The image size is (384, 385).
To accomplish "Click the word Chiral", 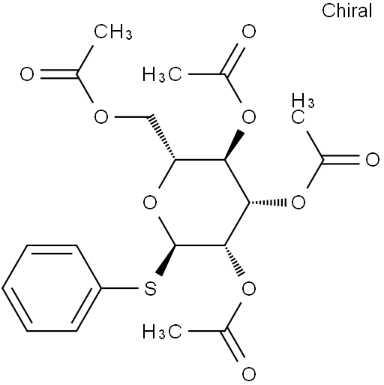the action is click(346, 11).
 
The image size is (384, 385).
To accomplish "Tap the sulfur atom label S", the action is click(150, 288).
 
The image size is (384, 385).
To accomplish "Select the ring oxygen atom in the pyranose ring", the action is click(150, 202).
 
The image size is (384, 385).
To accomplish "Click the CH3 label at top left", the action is click(113, 32).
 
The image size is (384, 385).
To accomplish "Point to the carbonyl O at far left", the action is click(27, 74).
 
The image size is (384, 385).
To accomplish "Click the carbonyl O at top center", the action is click(249, 32).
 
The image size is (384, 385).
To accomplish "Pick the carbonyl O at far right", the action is click(372, 159).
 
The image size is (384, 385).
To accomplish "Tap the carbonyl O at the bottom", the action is click(249, 374).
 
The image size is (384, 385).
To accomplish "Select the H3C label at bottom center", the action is click(162, 332).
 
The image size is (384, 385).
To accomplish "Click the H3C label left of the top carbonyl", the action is click(162, 74).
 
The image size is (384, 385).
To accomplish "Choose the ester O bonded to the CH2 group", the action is click(100, 116).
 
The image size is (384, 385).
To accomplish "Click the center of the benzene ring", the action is click(52, 288).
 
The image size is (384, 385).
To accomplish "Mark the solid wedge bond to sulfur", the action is click(166, 260).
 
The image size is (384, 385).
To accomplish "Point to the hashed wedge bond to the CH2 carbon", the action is click(163, 137).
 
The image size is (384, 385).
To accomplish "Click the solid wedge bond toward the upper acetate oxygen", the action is click(234, 144).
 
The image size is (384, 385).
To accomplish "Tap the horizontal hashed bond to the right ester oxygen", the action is click(267, 202).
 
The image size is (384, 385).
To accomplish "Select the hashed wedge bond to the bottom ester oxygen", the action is click(234, 260).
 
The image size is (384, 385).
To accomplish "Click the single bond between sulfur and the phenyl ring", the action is click(120, 288).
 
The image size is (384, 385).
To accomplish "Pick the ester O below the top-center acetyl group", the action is click(249, 116).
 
